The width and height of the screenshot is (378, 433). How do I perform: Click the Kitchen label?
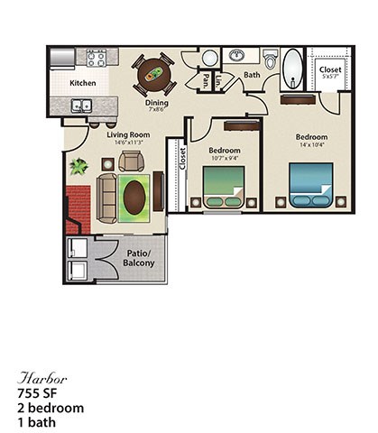pos(83,83)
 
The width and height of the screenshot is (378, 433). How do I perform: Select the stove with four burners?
pos(97,59)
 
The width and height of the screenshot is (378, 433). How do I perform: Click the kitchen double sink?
pos(83,106)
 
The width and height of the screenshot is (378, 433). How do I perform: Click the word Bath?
pos(252,75)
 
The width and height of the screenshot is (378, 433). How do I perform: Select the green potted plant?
pos(78,167)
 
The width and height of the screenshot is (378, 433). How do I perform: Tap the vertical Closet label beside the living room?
pos(181,160)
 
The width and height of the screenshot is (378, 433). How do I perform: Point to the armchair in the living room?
pos(131,161)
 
